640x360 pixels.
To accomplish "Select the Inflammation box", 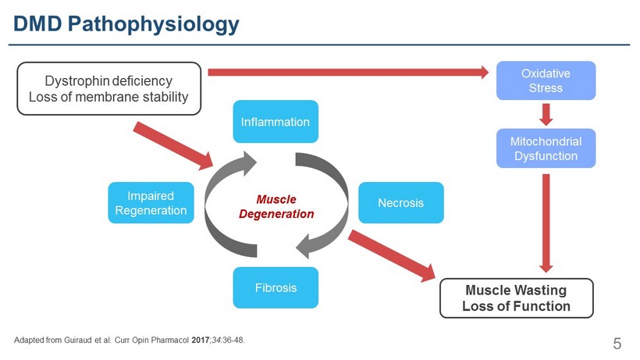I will coord(276,122).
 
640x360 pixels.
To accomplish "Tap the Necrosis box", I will coord(400,203).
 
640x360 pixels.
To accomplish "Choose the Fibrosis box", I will coord(265,287).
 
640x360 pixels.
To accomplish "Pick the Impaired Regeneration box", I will coord(151,203).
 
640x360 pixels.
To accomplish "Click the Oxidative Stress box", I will coord(546,80).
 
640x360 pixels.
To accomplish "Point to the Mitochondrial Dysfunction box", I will coord(546,148).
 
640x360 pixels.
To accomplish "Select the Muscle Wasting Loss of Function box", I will coord(516,298).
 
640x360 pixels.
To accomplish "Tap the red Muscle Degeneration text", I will coord(276,206).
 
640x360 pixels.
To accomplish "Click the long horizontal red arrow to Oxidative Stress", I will coord(351,73).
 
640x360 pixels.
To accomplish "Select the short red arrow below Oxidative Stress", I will coord(546,114).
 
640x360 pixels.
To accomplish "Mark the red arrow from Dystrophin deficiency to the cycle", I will coord(172,144).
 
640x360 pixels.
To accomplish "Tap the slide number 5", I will coord(617,344).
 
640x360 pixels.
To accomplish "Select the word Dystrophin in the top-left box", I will coord(76,81).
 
